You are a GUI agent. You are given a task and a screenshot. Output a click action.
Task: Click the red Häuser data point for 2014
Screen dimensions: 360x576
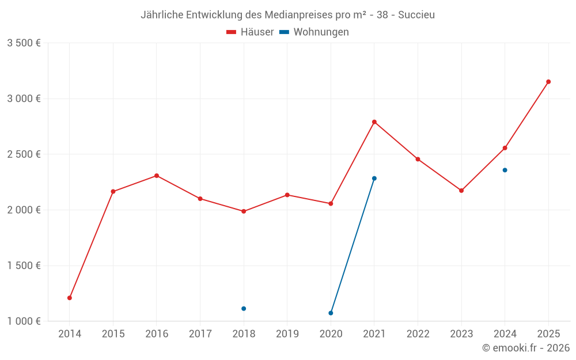70,298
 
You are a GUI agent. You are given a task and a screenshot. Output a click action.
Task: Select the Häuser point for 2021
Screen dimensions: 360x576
374,122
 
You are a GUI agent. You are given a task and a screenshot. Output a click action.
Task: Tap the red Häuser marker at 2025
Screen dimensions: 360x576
548,82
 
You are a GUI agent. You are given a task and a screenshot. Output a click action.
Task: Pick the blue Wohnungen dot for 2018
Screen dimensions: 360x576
244,309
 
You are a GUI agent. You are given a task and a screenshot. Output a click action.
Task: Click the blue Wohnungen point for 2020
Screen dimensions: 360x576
331,313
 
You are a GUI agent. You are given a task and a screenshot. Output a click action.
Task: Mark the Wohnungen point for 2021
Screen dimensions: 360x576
374,179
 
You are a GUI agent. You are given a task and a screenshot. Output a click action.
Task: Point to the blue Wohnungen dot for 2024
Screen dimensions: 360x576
505,170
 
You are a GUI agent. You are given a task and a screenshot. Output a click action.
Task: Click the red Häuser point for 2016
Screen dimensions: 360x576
157,176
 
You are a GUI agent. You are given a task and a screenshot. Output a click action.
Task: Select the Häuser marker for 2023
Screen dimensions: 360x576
461,191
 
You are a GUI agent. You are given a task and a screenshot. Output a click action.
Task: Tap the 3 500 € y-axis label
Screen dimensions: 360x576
24,43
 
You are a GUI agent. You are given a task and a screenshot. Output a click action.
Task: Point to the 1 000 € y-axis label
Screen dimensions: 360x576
24,321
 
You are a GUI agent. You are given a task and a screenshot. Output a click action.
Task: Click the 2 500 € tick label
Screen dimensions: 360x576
24,154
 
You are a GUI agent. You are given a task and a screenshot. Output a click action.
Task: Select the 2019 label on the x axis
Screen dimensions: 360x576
287,334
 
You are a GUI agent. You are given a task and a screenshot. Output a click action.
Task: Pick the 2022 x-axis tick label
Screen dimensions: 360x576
418,334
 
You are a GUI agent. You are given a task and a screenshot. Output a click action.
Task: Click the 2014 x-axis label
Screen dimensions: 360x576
70,334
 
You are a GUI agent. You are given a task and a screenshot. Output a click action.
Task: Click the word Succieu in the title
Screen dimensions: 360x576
416,15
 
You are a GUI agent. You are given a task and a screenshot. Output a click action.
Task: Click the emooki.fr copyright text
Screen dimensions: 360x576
526,348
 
